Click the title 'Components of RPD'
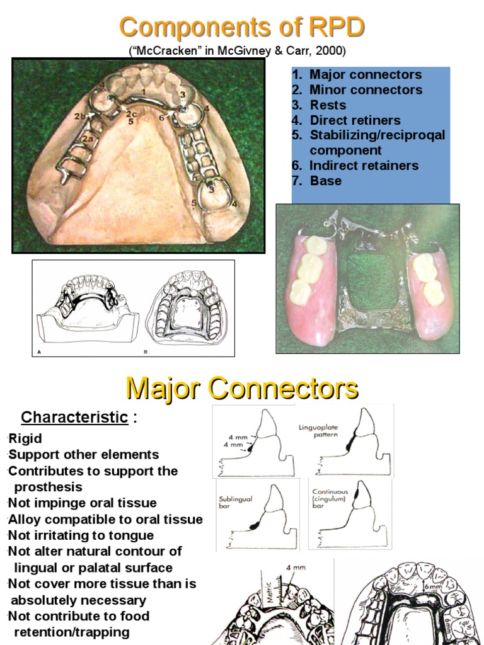242,28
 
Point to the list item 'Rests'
328,105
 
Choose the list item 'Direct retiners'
355,120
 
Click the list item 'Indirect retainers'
364,165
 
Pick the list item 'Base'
325,180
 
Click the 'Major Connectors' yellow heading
242,388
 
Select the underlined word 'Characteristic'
74,417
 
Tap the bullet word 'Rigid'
26,438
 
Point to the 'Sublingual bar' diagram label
236,502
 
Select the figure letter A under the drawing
38,352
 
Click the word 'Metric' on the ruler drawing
264,595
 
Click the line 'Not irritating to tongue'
81,535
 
